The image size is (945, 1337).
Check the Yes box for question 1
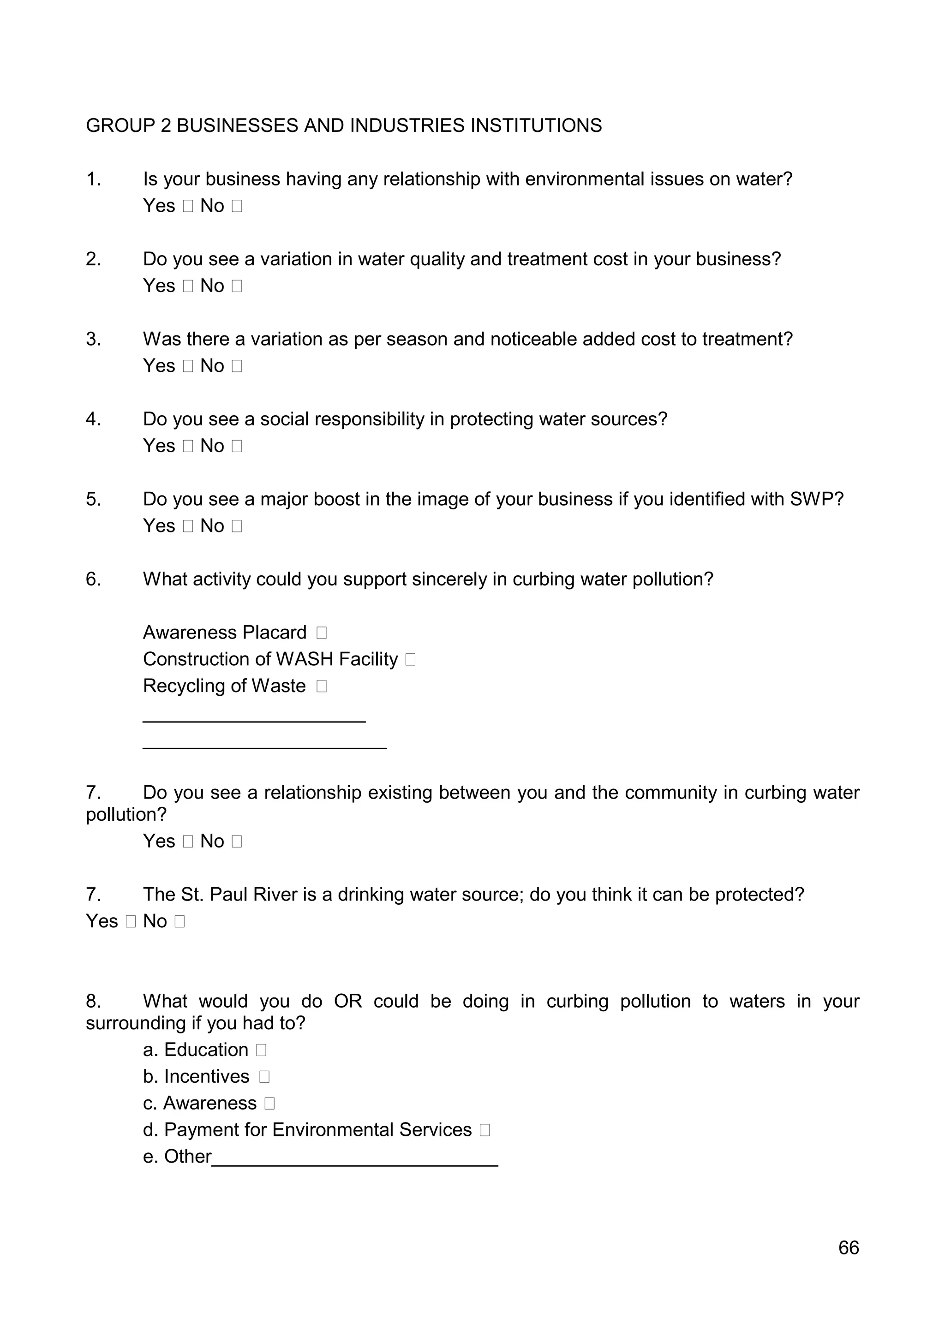187,206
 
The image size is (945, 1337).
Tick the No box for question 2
236,286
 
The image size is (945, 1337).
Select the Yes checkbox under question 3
187,366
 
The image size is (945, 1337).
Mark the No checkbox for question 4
236,446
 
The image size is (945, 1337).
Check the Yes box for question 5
187,526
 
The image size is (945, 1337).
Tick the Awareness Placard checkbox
322,633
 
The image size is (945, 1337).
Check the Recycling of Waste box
322,686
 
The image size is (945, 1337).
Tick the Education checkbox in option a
261,1050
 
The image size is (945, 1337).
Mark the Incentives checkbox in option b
264,1077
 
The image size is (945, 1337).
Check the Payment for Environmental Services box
484,1130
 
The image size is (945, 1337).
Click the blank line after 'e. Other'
355,1159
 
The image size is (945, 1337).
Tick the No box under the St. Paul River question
179,922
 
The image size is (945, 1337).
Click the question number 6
93,579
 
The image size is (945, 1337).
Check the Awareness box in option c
269,1104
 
